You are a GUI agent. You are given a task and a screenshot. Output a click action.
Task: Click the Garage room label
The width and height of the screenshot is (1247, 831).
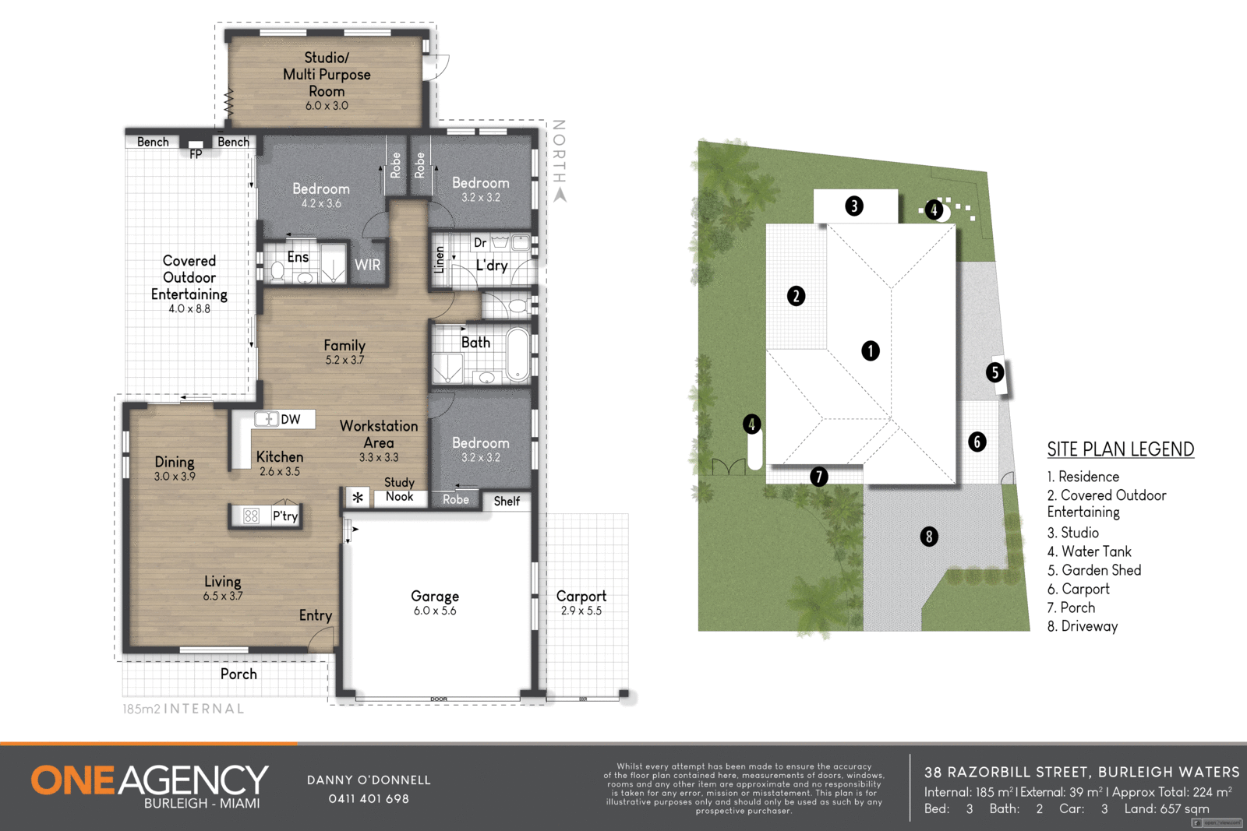(x=435, y=597)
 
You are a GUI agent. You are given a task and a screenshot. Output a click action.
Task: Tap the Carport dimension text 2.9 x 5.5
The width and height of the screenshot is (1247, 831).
(x=581, y=611)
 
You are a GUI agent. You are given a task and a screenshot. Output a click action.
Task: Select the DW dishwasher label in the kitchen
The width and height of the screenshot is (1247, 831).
(x=291, y=420)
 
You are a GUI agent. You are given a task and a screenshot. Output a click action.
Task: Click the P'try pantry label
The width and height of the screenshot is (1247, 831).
(x=285, y=516)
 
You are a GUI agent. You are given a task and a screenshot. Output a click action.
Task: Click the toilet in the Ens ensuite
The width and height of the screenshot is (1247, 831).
(x=277, y=271)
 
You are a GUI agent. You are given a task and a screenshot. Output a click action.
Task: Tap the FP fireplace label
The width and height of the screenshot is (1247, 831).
(x=196, y=154)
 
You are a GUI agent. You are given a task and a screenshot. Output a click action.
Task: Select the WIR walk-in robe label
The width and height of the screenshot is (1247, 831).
(x=368, y=265)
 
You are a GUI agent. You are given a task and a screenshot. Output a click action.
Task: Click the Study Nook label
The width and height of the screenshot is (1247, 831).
(x=400, y=490)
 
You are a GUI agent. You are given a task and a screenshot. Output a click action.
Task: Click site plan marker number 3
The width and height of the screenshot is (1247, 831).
(x=854, y=206)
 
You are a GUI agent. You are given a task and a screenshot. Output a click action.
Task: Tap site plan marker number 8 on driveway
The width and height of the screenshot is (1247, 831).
(x=928, y=537)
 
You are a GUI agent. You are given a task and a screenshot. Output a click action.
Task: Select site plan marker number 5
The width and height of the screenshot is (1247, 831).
(x=994, y=372)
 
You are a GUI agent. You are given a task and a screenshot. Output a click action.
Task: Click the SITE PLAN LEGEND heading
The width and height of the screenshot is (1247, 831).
(x=1120, y=449)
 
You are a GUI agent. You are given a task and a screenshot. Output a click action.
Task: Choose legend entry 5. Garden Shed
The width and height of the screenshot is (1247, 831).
(x=1094, y=571)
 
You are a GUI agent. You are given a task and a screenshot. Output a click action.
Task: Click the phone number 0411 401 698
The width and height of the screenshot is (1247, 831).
(x=369, y=799)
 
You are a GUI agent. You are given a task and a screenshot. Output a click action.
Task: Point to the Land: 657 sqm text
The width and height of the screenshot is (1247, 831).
(x=1166, y=809)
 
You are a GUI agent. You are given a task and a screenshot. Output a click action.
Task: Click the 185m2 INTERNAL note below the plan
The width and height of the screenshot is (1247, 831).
(x=183, y=710)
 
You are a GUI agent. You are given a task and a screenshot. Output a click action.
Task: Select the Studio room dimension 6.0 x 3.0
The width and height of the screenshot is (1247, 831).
(x=327, y=106)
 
